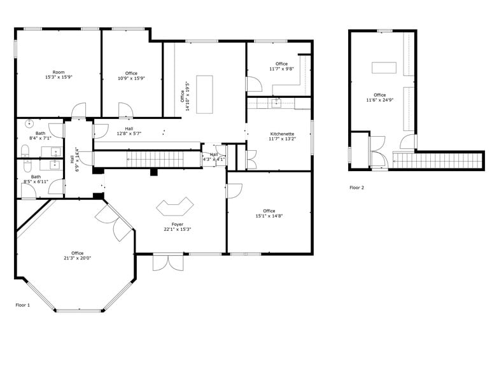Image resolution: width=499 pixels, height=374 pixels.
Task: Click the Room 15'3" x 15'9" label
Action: point(59,75)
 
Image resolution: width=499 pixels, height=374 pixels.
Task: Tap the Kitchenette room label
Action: point(281,136)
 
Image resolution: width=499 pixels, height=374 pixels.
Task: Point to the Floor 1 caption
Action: point(23,305)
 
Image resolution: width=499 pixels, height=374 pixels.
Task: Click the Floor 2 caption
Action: point(357,188)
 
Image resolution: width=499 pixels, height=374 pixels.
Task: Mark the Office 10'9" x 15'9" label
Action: point(131,76)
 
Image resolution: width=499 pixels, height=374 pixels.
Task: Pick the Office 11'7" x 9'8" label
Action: point(281,66)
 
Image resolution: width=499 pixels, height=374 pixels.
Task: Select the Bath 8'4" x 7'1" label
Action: point(40,135)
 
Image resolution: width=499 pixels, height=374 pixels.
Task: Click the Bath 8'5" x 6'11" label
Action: point(36,179)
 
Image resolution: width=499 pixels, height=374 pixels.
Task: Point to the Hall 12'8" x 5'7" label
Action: point(129,131)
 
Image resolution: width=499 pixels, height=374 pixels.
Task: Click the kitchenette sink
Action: point(277,102)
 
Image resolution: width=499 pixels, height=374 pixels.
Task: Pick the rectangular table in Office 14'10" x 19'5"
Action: point(204,94)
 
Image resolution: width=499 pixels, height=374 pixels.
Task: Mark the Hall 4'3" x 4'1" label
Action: point(214,156)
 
